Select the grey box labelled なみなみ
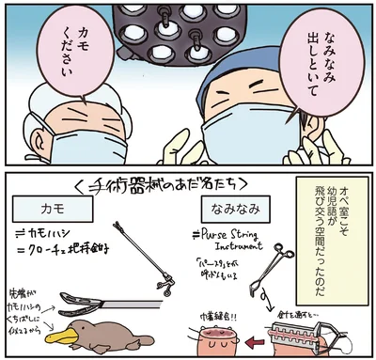coord(236,205)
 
